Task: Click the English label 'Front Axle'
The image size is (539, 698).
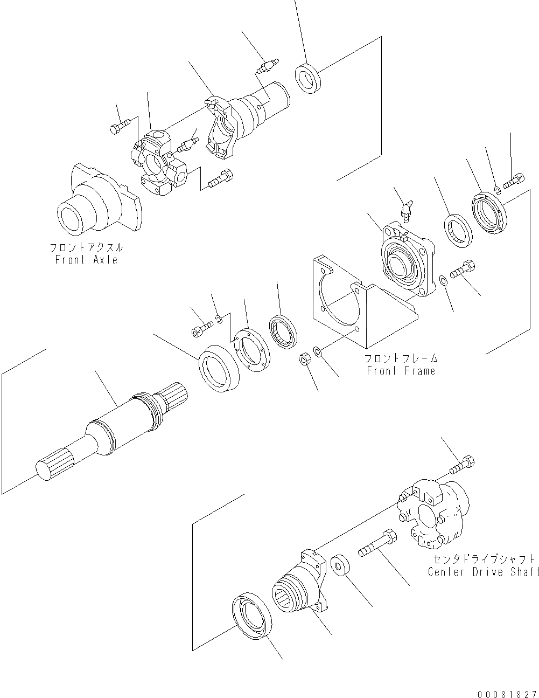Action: click(x=86, y=260)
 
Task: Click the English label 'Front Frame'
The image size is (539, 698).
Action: click(x=401, y=371)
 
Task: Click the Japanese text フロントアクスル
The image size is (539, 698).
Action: click(x=86, y=248)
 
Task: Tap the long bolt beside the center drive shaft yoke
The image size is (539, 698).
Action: click(x=376, y=544)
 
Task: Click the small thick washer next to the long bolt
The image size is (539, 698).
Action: click(x=341, y=568)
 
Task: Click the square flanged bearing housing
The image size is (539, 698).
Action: click(x=404, y=259)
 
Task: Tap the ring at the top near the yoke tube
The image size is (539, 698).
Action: click(x=308, y=78)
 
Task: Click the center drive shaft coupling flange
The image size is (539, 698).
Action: click(x=433, y=512)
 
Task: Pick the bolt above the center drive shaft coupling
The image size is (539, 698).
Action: click(x=463, y=465)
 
